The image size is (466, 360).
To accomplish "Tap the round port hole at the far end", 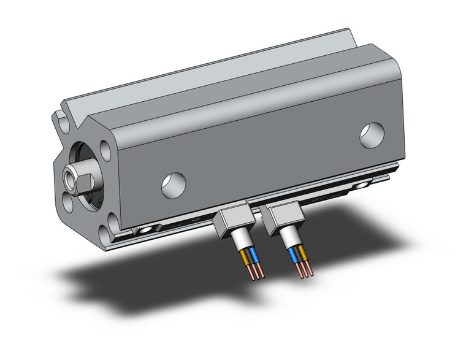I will [372, 135].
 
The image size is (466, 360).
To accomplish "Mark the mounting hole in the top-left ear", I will [64, 120].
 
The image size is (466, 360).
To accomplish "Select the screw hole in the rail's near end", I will [145, 231].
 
